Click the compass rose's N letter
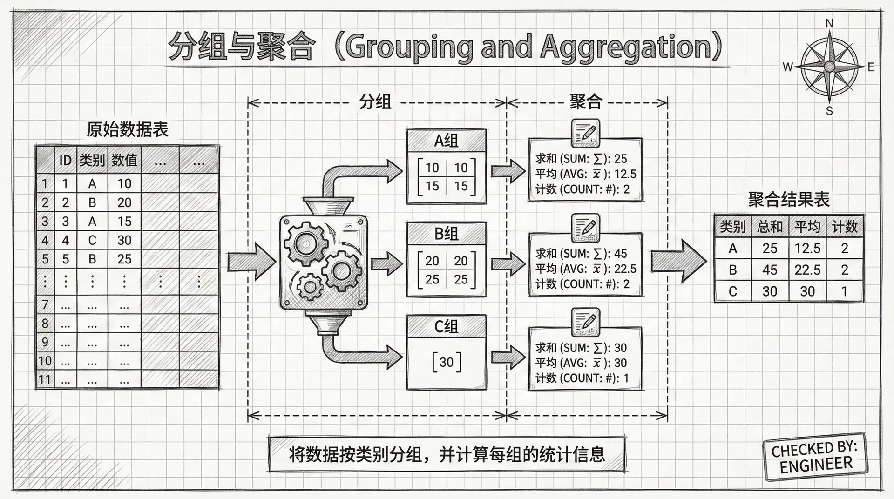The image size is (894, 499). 829,24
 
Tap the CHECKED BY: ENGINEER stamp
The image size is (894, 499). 815,457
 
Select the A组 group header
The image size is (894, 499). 446,141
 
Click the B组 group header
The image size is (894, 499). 446,234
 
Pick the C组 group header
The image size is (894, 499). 446,327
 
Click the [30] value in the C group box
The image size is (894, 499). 446,362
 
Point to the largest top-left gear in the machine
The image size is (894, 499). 306,243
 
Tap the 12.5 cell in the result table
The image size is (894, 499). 807,249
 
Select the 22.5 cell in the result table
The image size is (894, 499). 807,270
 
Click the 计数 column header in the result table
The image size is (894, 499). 845,227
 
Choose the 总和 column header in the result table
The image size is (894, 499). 770,227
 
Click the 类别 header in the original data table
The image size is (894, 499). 92,161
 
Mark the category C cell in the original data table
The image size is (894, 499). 92,240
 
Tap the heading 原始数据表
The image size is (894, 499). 128,129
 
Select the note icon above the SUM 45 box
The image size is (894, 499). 585,228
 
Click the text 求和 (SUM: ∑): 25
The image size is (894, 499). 581,159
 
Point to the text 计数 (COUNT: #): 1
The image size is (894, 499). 582,378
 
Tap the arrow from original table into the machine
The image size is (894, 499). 251,261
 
